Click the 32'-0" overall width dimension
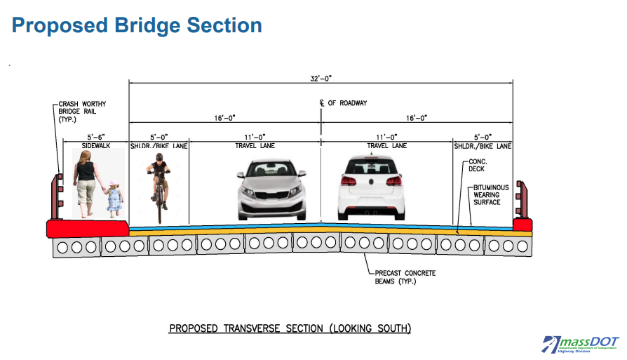pos(321,79)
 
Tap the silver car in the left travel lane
pos(271,187)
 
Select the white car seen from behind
pos(371,187)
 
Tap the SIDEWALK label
pos(94,146)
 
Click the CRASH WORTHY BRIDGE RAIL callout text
pos(82,112)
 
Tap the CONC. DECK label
pos(481,166)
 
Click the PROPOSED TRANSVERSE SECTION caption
pos(290,328)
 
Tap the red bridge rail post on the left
pos(55,196)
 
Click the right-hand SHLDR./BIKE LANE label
pos(482,146)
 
